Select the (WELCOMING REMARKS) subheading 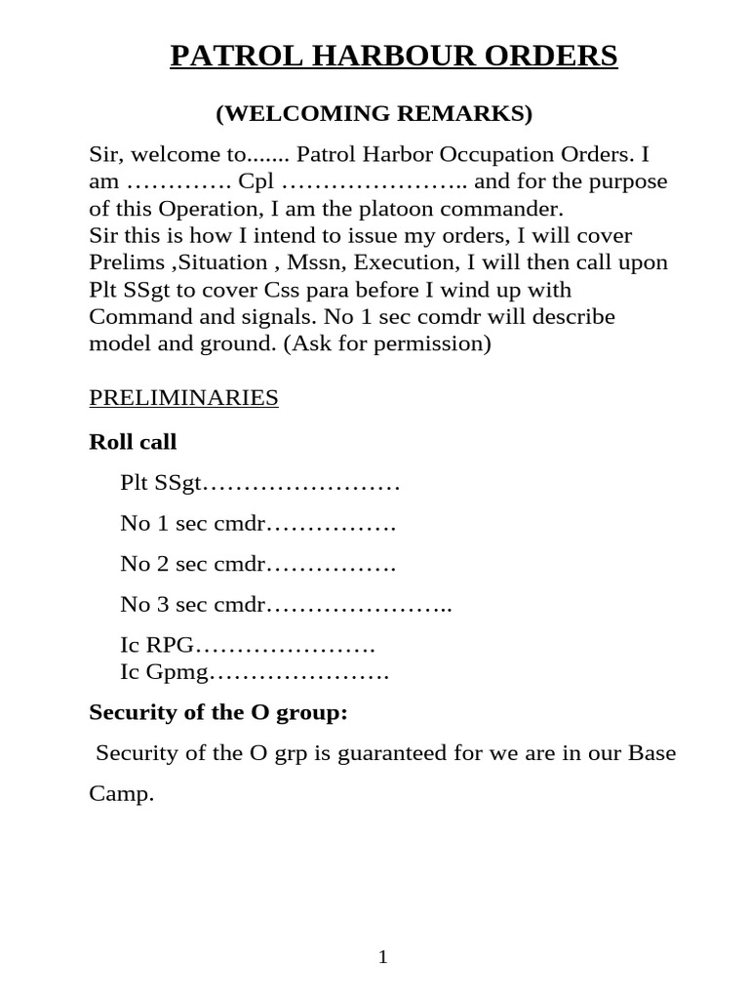point(374,114)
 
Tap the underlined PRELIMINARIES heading point(183,397)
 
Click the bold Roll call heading point(133,442)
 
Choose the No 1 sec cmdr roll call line point(257,524)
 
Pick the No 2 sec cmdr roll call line point(257,564)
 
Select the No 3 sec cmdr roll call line point(286,605)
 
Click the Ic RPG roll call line point(248,646)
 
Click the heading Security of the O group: point(218,713)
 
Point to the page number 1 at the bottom point(383,958)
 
